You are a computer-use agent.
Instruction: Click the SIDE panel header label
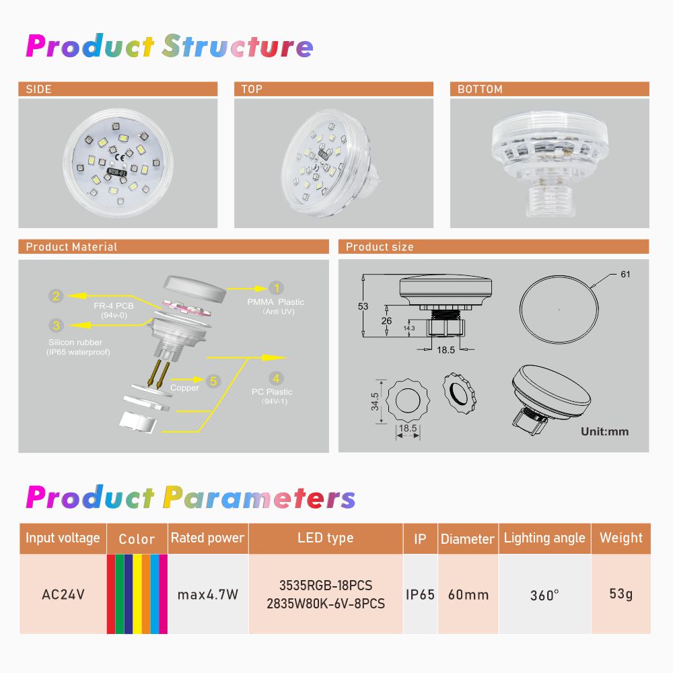(38, 90)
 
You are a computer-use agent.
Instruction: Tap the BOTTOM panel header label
(480, 90)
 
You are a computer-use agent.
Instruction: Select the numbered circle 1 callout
(277, 288)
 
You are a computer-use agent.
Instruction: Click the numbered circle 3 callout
(57, 325)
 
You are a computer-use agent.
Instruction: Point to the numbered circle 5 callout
(213, 381)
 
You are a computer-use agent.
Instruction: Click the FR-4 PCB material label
(114, 306)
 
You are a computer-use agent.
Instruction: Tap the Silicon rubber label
(75, 343)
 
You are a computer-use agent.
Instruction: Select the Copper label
(184, 388)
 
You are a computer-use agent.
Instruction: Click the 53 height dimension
(363, 306)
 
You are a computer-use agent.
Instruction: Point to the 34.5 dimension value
(375, 401)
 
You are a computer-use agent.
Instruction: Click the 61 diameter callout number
(625, 275)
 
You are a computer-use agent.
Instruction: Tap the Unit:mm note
(605, 432)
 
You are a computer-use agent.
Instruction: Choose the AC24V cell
(63, 594)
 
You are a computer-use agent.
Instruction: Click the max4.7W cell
(208, 594)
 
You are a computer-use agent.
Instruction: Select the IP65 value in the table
(420, 594)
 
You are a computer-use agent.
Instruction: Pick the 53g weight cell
(621, 594)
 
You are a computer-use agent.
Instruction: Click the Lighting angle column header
(544, 538)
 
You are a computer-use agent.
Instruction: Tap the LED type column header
(326, 538)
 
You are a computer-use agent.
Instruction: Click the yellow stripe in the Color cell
(137, 594)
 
